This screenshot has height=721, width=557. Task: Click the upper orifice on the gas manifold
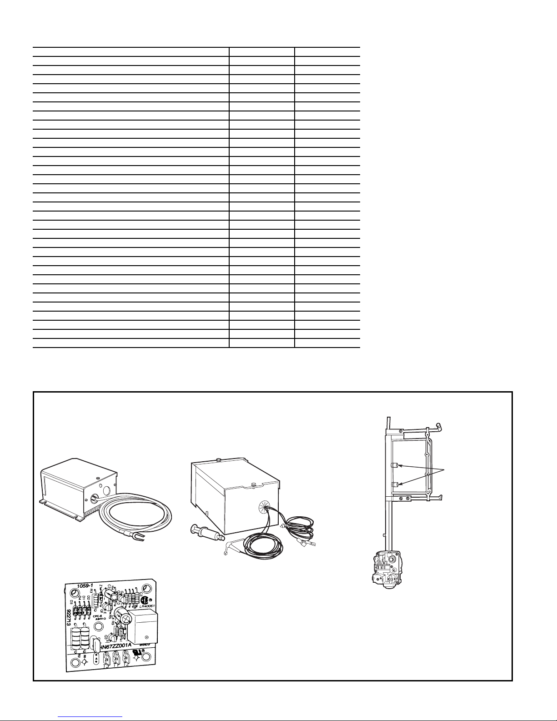(395, 465)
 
